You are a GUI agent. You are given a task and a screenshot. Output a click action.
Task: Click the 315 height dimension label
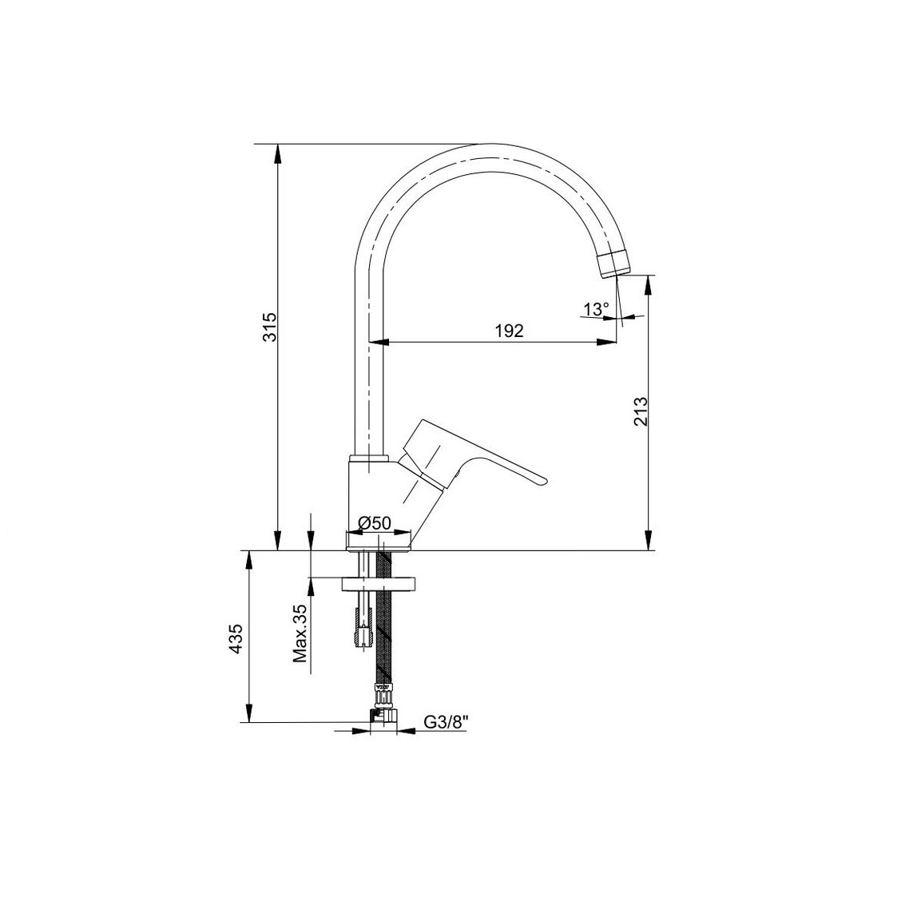(x=270, y=328)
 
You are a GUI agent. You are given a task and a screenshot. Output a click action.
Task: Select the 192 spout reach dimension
(x=509, y=331)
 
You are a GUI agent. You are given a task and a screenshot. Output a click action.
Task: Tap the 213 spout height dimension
(x=641, y=411)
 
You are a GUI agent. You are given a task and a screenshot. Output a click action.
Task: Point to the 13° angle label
(x=596, y=309)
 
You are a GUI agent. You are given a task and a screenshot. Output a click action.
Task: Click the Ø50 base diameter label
(x=374, y=523)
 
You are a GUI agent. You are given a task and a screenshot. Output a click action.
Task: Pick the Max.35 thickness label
(x=300, y=633)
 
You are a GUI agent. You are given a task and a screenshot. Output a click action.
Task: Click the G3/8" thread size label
(x=447, y=723)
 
